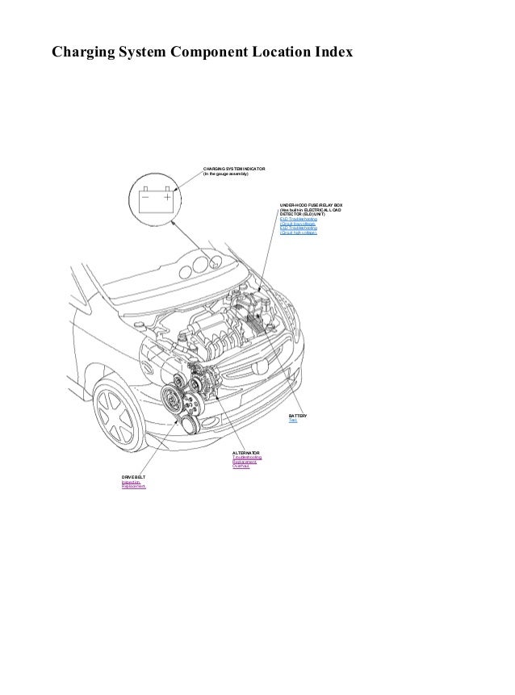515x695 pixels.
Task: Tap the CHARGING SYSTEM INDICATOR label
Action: (x=234, y=168)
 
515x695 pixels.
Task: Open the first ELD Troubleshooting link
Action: (x=299, y=219)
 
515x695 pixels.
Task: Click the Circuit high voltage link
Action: (x=299, y=232)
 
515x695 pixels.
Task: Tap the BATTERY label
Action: (x=298, y=415)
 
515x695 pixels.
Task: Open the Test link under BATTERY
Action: (x=292, y=421)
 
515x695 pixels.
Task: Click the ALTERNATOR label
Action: (x=246, y=453)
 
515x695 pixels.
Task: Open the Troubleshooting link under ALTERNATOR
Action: (x=247, y=458)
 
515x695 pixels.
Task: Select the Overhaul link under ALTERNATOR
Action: (x=241, y=467)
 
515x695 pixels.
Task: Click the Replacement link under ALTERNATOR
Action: (x=245, y=463)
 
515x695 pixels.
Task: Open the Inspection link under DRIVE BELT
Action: (x=131, y=483)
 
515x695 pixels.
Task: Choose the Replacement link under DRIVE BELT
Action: (x=134, y=488)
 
